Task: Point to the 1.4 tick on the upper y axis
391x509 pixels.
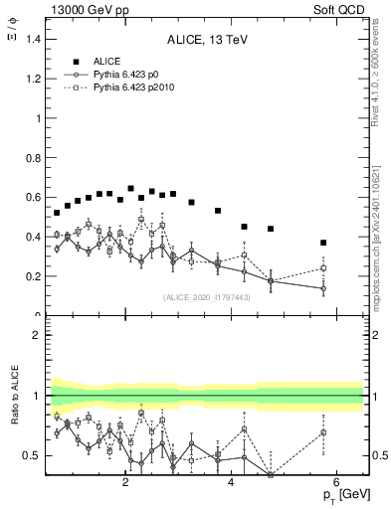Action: tap(33, 39)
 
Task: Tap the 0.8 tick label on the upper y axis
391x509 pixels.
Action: tap(33, 157)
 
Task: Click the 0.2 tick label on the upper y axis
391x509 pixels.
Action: tap(33, 276)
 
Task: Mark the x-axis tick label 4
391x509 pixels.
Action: tap(231, 484)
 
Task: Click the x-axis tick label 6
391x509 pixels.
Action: tap(336, 484)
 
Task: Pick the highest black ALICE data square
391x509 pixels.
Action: tap(130, 189)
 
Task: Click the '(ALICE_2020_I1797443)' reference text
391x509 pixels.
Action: tap(207, 297)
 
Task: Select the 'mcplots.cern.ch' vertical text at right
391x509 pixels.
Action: tap(378, 249)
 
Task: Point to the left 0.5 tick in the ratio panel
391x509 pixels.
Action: tap(34, 455)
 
